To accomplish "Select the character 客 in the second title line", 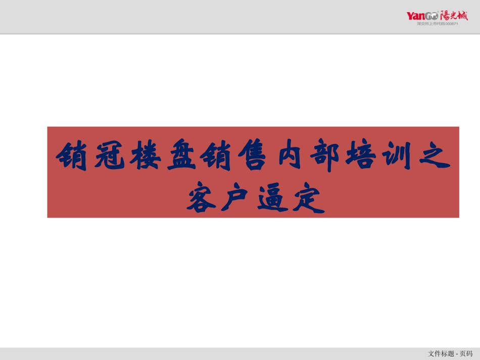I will point(200,199).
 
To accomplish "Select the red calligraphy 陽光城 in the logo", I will point(454,15).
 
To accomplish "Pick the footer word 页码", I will point(466,353).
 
